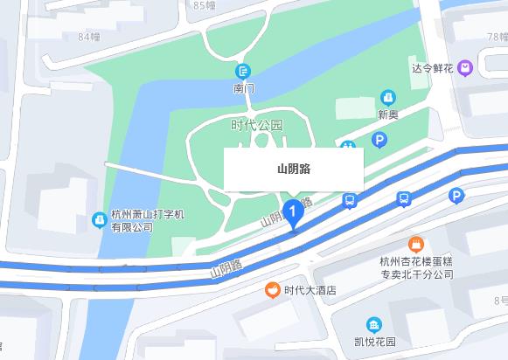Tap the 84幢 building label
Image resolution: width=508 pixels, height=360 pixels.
pos(88,37)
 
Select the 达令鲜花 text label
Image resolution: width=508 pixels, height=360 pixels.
pos(434,67)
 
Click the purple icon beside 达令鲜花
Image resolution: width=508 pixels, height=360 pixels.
pos(465,66)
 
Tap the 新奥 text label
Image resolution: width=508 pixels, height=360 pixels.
pos(388,114)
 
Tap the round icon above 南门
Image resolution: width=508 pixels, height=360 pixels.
pos(244,70)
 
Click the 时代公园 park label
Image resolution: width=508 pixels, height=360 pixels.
pos(257,125)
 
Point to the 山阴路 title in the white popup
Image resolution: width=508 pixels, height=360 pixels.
pos(293,170)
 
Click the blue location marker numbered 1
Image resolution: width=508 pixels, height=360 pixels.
pos(293,212)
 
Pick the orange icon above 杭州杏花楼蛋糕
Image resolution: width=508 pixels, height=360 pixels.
pos(416,243)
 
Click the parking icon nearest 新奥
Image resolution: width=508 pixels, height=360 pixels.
pos(379,140)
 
